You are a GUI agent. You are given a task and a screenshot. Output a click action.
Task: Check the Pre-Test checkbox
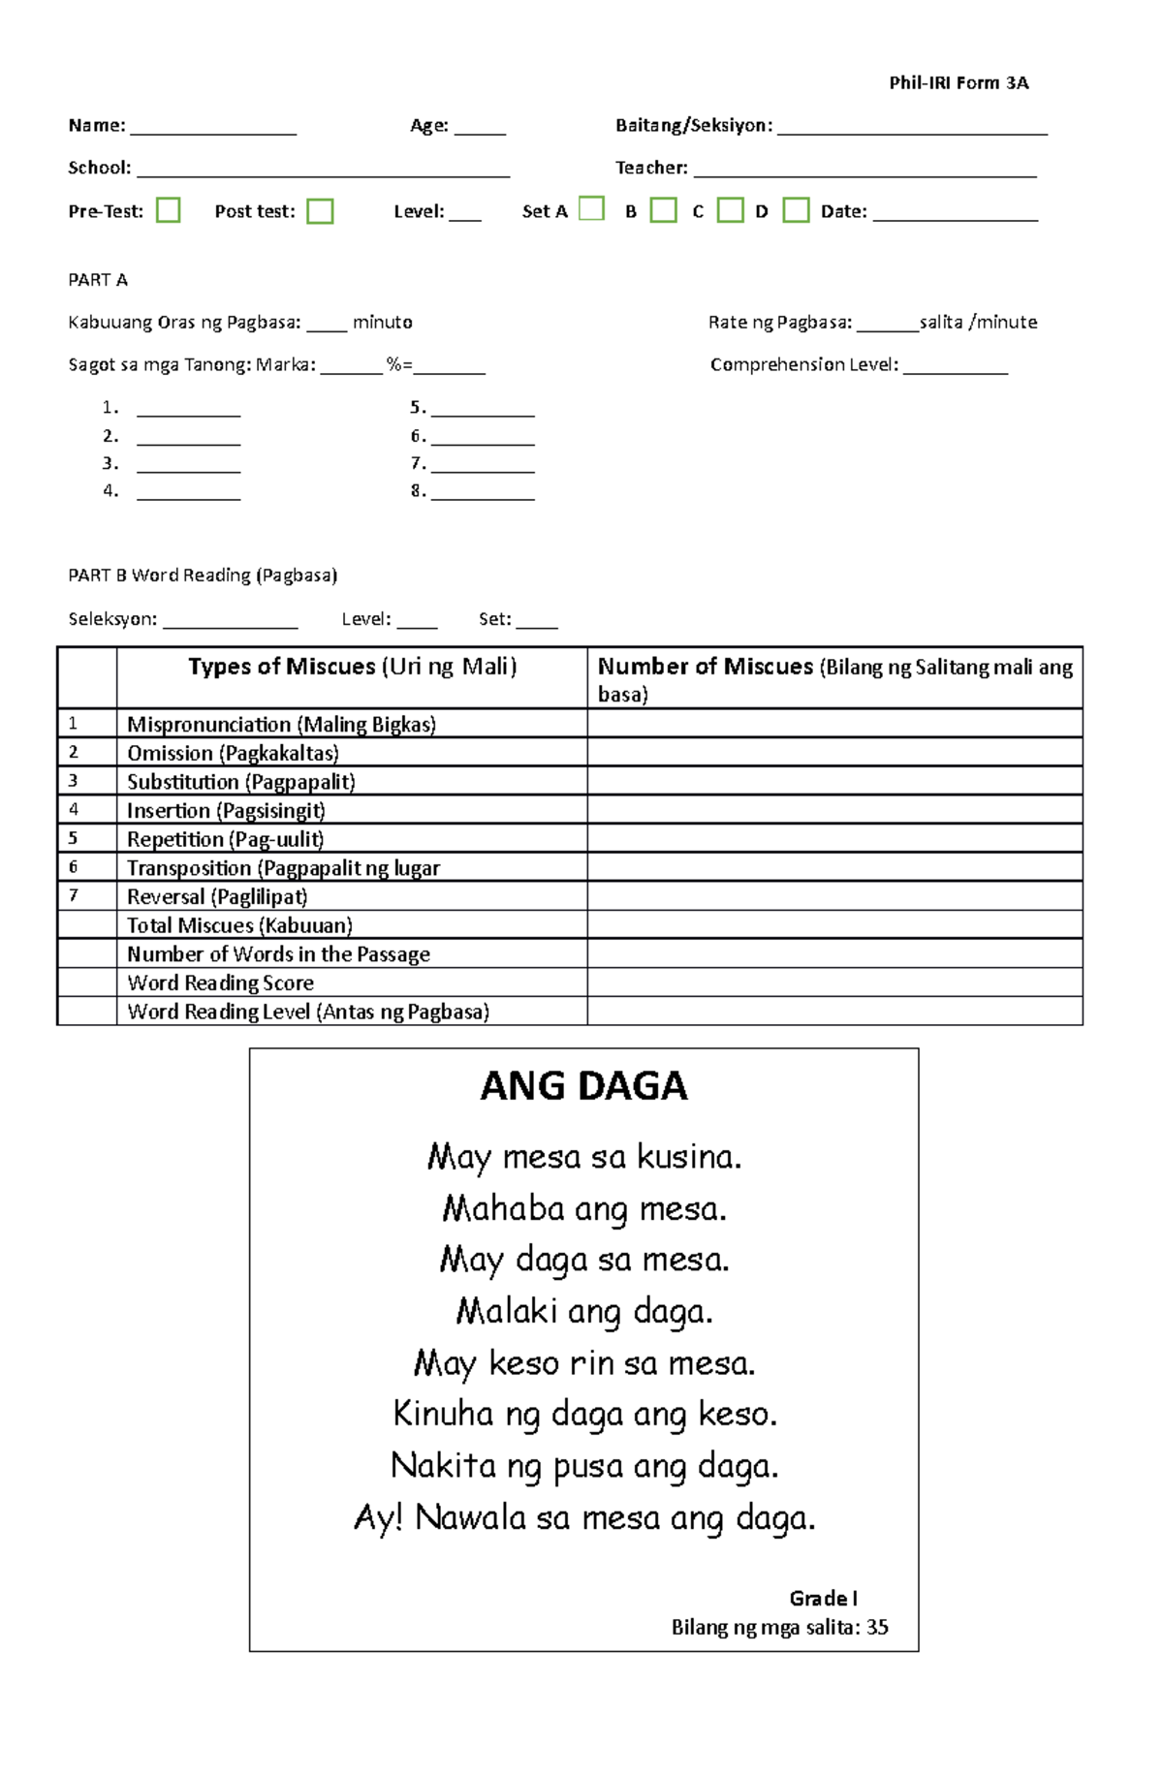[x=168, y=210]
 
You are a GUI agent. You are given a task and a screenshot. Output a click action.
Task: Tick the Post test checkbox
[x=320, y=211]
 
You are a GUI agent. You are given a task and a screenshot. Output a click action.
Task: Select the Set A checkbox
[x=591, y=208]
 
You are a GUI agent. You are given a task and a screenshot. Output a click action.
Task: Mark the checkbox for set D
[x=796, y=210]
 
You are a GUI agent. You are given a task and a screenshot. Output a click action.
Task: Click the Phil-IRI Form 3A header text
[x=959, y=83]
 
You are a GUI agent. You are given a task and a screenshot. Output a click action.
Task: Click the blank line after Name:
[x=213, y=128]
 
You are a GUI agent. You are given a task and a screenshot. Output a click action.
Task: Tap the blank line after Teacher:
[x=864, y=171]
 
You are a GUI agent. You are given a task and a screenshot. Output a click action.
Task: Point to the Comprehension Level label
[x=803, y=365]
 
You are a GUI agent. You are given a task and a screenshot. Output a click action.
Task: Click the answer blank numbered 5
[x=483, y=410]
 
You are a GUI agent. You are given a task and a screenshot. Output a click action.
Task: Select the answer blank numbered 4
[x=188, y=493]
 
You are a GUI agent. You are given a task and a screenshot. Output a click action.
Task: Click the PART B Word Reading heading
[x=203, y=576]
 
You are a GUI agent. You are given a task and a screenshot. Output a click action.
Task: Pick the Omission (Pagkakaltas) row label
[x=233, y=753]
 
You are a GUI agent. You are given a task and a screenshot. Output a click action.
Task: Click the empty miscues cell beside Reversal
[x=833, y=896]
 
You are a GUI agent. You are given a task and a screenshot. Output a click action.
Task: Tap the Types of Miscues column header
[x=352, y=667]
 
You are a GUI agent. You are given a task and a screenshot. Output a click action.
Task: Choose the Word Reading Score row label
[x=220, y=983]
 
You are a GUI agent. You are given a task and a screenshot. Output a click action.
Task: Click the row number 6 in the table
[x=74, y=867]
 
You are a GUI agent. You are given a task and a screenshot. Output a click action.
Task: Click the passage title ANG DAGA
[x=583, y=1086]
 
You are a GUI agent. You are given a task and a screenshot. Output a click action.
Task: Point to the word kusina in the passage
[x=688, y=1157]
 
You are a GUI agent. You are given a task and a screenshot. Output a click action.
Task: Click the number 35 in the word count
[x=877, y=1627]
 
